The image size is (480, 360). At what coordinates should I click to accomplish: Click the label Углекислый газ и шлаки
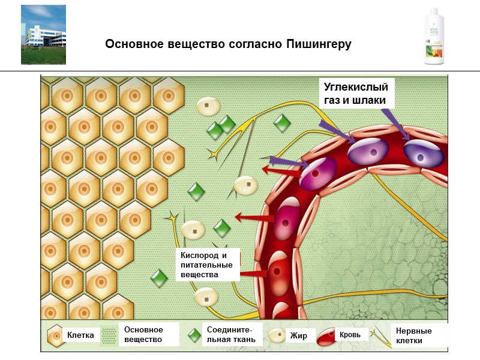click(356, 93)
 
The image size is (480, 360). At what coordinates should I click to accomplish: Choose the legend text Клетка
click(80, 335)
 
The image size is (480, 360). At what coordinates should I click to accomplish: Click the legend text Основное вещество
click(143, 335)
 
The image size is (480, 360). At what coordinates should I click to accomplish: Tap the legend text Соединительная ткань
click(230, 335)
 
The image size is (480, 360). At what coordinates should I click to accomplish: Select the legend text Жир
click(298, 335)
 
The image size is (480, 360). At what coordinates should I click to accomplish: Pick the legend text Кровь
click(350, 334)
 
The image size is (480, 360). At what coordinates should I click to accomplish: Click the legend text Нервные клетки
click(414, 335)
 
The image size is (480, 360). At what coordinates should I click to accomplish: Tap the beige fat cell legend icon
click(278, 335)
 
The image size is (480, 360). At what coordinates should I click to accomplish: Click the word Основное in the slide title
click(133, 44)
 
